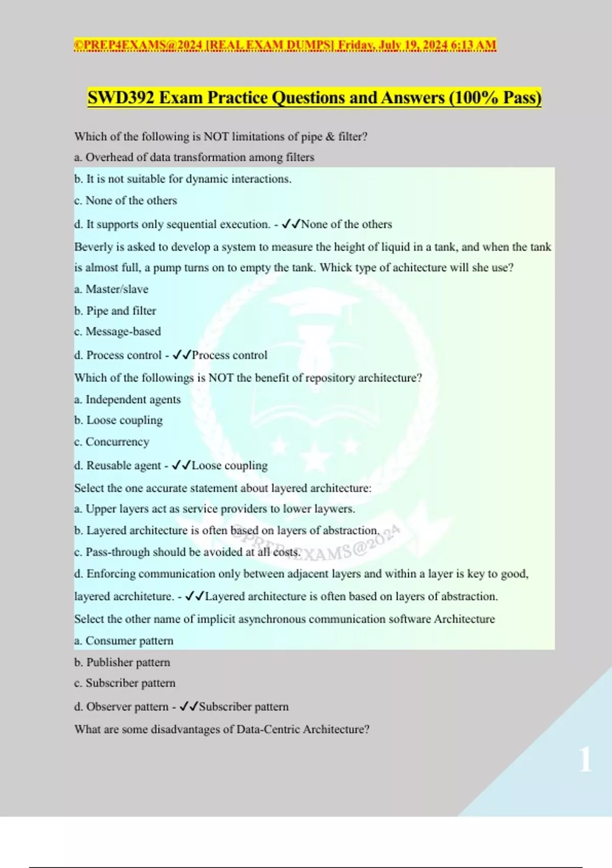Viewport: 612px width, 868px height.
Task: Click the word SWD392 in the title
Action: [120, 98]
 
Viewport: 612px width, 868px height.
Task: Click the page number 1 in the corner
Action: [585, 759]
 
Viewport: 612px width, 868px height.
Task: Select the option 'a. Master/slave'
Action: [111, 290]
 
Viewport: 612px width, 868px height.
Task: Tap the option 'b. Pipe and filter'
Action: [115, 311]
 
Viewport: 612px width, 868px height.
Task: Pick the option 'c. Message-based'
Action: [117, 332]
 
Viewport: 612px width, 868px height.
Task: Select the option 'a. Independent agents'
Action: [127, 400]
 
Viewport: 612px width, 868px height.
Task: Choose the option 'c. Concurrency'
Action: [112, 442]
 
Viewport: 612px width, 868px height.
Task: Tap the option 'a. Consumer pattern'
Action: [124, 641]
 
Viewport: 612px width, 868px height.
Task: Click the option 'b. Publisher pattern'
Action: [122, 663]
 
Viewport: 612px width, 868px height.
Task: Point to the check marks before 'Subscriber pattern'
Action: [189, 707]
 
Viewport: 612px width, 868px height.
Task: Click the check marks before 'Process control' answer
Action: [182, 355]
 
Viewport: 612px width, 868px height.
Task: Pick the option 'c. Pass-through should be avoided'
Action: [187, 552]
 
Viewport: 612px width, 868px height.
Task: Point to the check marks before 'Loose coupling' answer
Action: [181, 465]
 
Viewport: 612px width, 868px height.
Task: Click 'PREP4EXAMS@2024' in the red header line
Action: [139, 45]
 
